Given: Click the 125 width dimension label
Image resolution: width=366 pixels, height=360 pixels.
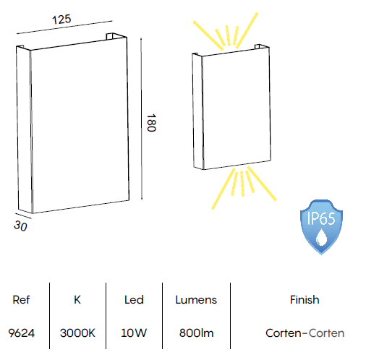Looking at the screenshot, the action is click(61, 20).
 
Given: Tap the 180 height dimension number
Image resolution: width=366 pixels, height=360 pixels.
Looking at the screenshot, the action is click(151, 123).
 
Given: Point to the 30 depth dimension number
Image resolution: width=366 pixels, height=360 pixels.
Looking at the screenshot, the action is click(20, 226).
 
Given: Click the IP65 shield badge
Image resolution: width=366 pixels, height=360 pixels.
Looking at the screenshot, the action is click(321, 227).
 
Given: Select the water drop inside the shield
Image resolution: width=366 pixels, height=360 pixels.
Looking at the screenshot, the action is click(321, 238).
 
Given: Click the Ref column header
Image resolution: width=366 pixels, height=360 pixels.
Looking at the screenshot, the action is click(21, 300).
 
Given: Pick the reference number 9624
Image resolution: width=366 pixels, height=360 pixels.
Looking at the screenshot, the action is click(22, 333).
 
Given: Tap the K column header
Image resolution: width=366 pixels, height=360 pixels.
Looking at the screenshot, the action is click(77, 300).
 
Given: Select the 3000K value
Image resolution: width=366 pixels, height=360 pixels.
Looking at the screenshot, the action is click(77, 333).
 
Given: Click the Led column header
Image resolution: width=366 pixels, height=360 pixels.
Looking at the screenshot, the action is click(134, 300).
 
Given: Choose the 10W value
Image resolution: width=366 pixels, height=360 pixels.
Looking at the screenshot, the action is click(134, 333).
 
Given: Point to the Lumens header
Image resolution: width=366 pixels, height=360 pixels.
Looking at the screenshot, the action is click(196, 300).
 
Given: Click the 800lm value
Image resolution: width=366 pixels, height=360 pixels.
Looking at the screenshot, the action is click(197, 333).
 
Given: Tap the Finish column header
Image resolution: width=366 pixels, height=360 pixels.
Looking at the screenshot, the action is click(305, 300).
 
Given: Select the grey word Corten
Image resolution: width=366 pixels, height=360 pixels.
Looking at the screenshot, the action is click(326, 333).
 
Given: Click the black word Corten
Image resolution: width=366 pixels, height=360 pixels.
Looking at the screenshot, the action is click(284, 333).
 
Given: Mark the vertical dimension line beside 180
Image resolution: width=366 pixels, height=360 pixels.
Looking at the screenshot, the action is click(141, 119).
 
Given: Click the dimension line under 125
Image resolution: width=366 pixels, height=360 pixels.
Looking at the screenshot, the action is click(64, 27).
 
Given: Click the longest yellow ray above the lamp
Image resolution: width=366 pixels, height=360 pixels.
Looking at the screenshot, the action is click(247, 30).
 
